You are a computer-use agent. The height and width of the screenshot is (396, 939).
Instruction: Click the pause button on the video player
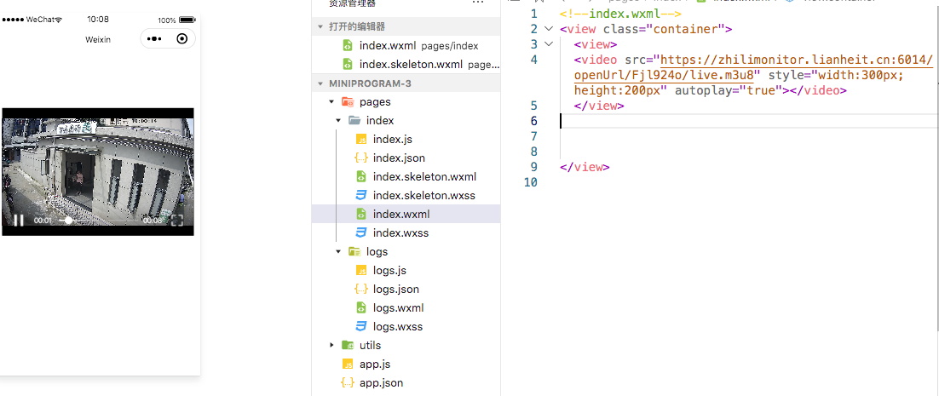point(18,221)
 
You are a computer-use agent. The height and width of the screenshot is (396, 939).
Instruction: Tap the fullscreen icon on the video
point(177,221)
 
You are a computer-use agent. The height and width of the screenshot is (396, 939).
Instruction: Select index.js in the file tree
point(392,140)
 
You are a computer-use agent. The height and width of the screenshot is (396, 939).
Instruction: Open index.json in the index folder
point(399,158)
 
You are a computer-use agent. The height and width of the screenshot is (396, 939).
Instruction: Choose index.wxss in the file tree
point(400,233)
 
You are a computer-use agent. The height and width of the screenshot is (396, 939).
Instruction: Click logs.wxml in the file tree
point(398,308)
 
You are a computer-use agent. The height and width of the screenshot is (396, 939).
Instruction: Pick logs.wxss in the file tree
point(397,327)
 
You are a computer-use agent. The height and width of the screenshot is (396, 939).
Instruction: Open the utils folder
point(370,346)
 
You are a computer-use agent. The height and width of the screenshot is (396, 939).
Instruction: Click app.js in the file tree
point(374,364)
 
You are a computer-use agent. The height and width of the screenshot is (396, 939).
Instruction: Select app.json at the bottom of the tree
point(381,383)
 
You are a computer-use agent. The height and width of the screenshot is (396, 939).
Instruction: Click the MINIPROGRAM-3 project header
point(376,83)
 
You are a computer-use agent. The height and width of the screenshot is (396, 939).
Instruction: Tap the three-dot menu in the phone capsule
point(154,39)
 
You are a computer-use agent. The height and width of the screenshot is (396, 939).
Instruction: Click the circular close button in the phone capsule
point(181,39)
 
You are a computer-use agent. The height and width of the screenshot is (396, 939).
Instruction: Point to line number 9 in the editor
point(533,167)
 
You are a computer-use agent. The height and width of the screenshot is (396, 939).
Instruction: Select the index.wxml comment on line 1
point(620,14)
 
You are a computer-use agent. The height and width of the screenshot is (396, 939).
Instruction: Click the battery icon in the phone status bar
point(187,20)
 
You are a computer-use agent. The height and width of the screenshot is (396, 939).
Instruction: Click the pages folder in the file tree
point(375,102)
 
